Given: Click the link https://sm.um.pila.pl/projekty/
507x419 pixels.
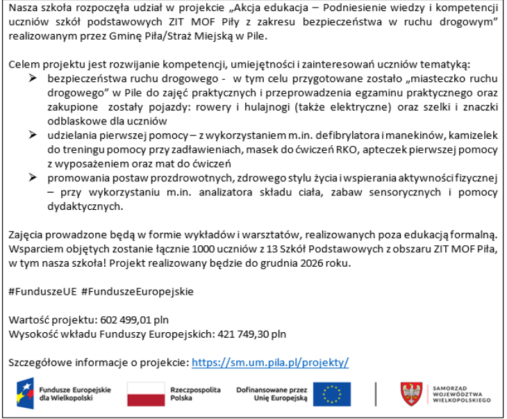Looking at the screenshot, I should click(269, 362).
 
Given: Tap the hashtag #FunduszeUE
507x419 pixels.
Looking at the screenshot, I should click(42, 291).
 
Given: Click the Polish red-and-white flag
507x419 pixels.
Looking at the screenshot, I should click(146, 394).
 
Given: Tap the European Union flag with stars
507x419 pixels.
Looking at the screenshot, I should click(332, 394).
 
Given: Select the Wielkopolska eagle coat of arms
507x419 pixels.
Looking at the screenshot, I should click(412, 394).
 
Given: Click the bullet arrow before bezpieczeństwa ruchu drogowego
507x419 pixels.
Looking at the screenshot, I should click(32, 79).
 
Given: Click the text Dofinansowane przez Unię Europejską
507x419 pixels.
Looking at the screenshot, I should click(272, 394).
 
